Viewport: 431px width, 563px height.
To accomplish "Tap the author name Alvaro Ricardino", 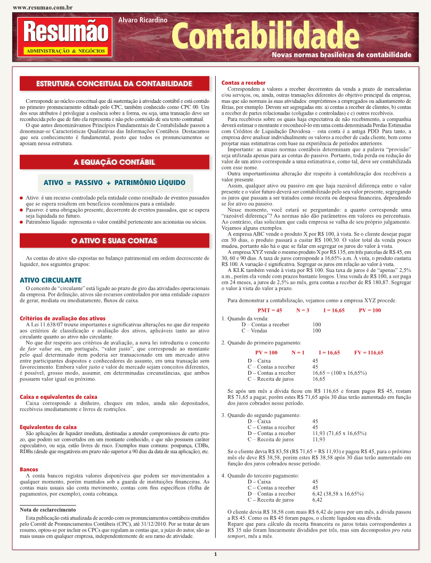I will point(143,20).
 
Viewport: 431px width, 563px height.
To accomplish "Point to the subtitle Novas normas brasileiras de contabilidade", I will point(341,55).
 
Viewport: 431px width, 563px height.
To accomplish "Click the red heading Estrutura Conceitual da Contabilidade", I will point(114,84).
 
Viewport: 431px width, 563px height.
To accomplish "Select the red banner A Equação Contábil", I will point(114,162).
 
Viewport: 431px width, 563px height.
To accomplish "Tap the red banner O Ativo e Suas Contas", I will point(114,241).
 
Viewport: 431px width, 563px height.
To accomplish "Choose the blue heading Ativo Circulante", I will point(50,280).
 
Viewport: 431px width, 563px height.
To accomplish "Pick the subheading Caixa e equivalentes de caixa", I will point(58,397).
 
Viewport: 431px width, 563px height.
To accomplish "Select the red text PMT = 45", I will point(270,310).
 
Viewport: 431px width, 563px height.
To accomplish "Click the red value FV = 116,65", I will point(368,352).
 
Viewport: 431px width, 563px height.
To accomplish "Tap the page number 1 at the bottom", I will point(215,554).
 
